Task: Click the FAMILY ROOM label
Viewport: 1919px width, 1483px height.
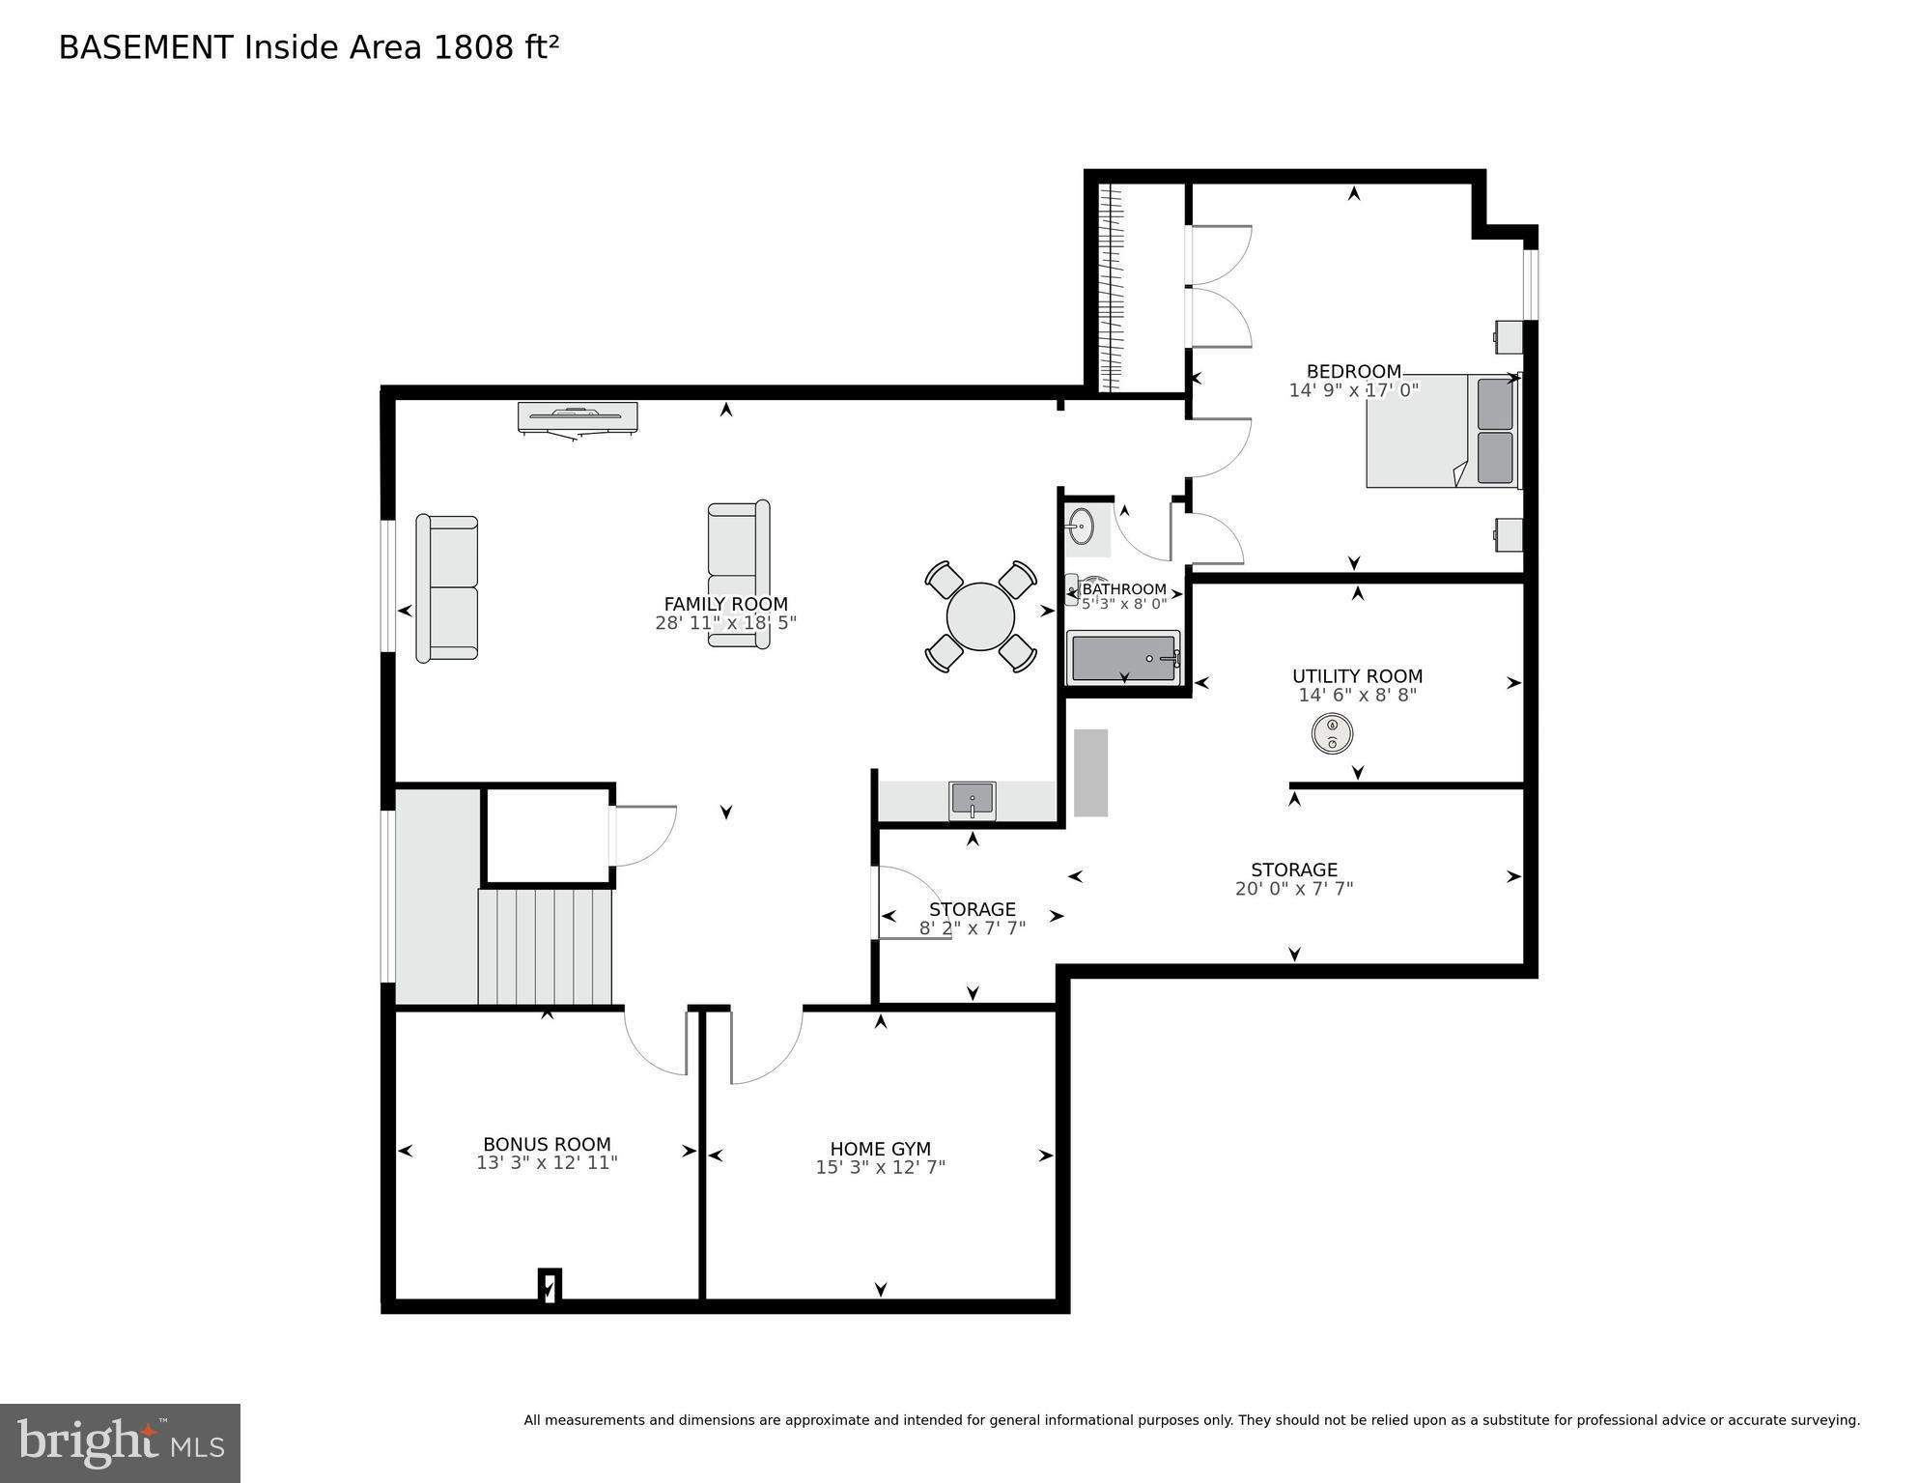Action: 725,605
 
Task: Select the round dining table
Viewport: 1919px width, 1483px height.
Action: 980,616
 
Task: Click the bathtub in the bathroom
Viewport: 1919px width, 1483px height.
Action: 1123,658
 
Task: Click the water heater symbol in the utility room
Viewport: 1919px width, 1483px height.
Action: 1332,734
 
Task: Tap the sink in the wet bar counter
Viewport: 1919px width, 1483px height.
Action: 972,800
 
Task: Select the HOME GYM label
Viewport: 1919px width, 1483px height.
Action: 880,1149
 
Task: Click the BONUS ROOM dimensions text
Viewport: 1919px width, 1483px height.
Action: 547,1163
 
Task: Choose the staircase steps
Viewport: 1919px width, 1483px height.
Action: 546,947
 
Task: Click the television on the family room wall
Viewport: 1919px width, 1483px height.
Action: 578,417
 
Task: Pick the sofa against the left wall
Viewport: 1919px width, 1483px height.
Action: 447,588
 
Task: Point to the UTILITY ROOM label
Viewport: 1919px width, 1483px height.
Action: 1357,676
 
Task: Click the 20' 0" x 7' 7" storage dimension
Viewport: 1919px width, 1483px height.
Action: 1294,889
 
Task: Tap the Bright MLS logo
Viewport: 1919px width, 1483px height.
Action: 120,1442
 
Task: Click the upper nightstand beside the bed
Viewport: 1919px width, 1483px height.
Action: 1508,337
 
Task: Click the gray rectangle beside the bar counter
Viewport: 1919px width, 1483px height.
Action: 1090,773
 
